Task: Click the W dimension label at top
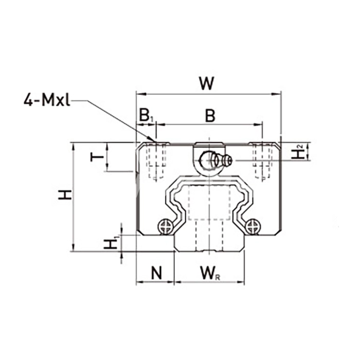pyautogui.click(x=207, y=83)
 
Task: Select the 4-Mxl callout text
pyautogui.click(x=47, y=100)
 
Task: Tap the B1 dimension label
pyautogui.click(x=147, y=116)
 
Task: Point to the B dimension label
pyautogui.click(x=210, y=116)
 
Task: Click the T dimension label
pyautogui.click(x=97, y=157)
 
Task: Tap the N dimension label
pyautogui.click(x=156, y=272)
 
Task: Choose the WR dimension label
pyautogui.click(x=210, y=273)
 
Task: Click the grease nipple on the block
pyautogui.click(x=216, y=160)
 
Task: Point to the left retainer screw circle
pyautogui.click(x=166, y=227)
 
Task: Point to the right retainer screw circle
pyautogui.click(x=253, y=227)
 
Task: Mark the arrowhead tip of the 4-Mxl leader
pyautogui.click(x=154, y=141)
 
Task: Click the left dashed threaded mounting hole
pyautogui.click(x=156, y=160)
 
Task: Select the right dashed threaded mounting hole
pyautogui.click(x=262, y=160)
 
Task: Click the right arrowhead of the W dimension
pyautogui.click(x=281, y=94)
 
